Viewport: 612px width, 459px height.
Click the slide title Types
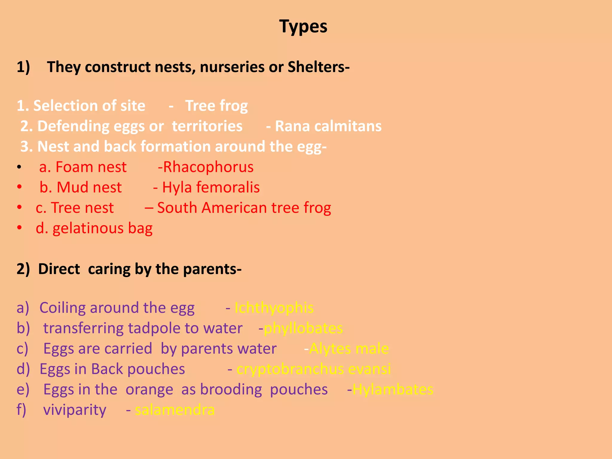[303, 26]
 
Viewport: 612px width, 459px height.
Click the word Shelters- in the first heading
[319, 67]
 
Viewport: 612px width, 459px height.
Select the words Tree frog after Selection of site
[216, 106]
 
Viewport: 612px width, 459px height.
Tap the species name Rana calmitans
[328, 126]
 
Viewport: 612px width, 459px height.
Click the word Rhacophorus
[208, 167]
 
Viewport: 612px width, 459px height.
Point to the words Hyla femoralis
[211, 187]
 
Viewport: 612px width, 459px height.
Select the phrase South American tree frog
[244, 208]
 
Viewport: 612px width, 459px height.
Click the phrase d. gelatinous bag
[94, 228]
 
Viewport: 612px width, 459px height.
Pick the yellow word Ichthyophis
[274, 308]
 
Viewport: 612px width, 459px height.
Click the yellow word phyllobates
[303, 328]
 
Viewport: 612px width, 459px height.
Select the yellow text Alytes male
[349, 349]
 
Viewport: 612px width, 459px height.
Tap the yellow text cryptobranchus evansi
[313, 369]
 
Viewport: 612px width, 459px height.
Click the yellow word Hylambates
[393, 389]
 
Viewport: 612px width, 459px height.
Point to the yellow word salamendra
[175, 410]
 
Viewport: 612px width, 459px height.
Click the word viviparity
[75, 410]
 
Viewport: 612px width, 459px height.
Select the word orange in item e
[149, 389]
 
